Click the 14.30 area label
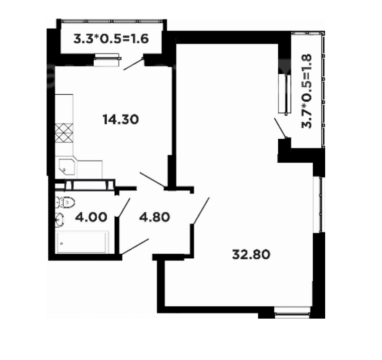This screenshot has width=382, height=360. pos(121,119)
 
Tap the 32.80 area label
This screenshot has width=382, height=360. pos(251,254)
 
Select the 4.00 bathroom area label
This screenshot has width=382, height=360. pos(91,217)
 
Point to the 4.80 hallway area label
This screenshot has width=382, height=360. pos(155,217)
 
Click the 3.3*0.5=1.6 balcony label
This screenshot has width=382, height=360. pos(111,39)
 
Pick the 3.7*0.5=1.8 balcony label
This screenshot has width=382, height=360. pos(307,91)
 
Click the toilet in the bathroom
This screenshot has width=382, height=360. pos(65,202)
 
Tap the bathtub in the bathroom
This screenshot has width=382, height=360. pos(82,242)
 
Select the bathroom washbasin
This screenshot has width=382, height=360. pos(59,220)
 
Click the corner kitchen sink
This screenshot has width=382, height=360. pos(67,167)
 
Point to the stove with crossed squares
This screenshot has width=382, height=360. pos(64,133)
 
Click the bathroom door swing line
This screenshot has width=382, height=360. pos(124,207)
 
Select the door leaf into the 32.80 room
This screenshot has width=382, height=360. pos(201,210)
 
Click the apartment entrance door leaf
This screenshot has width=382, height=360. pos(135,246)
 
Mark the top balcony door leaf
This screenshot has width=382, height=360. pos(134,64)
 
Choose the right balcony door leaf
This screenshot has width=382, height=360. pos(280,128)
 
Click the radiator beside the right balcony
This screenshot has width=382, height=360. pos(285,94)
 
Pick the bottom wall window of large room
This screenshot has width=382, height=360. pos(292,312)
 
